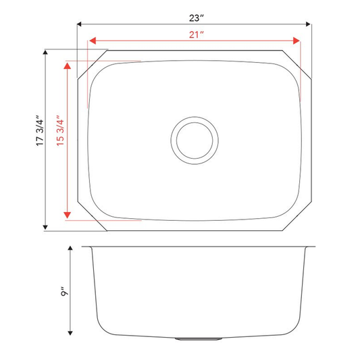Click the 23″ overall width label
197,18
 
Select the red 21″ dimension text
197,34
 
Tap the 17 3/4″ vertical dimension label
40,130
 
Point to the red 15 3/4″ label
60,130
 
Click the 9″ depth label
65,291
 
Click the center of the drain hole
195,140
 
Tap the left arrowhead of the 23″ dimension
79,24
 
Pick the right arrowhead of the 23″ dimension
308,24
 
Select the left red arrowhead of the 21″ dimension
93,41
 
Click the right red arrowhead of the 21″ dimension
297,41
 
